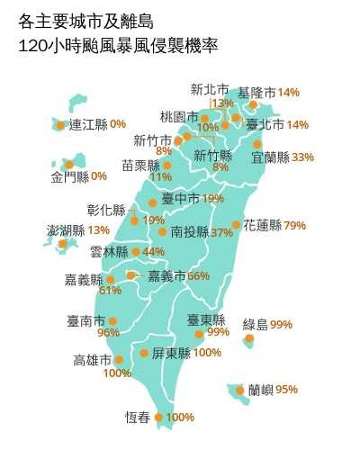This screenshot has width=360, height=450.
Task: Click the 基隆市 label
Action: [x=256, y=93]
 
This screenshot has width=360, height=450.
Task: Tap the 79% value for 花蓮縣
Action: [x=294, y=226]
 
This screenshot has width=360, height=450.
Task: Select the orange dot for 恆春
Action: [x=159, y=417]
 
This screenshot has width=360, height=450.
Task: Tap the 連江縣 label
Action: [x=88, y=124]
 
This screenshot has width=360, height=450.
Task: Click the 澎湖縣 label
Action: [x=66, y=230]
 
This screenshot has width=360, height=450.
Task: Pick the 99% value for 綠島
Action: [x=282, y=324]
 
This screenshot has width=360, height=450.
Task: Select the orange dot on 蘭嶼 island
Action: [x=239, y=390]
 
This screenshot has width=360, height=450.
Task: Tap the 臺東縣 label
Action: [x=205, y=319]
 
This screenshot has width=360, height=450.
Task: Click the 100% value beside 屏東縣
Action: [x=207, y=353]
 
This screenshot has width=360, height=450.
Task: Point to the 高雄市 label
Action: [x=92, y=361]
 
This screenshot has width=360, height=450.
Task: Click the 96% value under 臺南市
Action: [x=108, y=333]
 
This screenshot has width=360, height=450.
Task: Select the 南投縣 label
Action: [x=189, y=232]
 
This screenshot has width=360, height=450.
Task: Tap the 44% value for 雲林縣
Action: [x=153, y=252]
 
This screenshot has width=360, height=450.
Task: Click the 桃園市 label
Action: [x=178, y=117]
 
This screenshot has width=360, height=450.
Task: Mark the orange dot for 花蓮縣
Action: [x=236, y=225]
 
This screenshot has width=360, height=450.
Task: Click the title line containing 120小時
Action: [x=117, y=44]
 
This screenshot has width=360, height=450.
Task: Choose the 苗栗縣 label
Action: [x=140, y=166]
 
